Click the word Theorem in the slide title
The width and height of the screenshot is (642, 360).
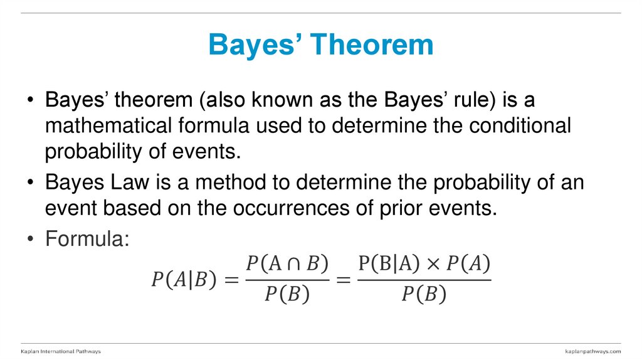[373, 45]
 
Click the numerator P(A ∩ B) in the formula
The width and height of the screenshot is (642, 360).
[287, 264]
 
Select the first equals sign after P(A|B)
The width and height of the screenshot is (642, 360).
[233, 279]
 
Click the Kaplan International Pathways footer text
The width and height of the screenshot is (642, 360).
[61, 351]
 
